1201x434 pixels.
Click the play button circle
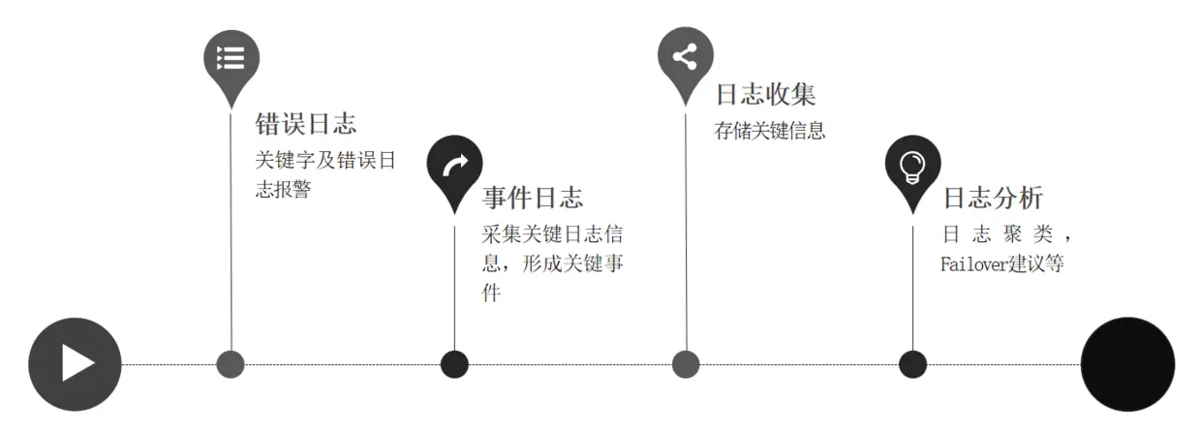(x=75, y=364)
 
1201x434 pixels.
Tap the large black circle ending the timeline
(x=1127, y=364)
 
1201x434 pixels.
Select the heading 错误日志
(x=305, y=124)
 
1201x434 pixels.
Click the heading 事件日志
(x=533, y=199)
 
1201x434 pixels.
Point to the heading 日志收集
(x=765, y=95)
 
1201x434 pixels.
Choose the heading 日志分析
(x=993, y=199)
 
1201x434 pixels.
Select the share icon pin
(x=686, y=56)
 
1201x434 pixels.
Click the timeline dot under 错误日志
(x=231, y=364)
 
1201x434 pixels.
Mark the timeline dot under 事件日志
(x=454, y=364)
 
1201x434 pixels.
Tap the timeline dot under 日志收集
(x=686, y=364)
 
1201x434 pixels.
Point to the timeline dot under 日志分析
(x=912, y=364)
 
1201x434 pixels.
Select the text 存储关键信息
(x=770, y=131)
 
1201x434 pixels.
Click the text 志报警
(x=283, y=190)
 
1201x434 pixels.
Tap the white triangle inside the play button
(x=77, y=364)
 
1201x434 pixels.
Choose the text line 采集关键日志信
(x=552, y=233)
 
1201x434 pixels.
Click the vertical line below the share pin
(x=686, y=232)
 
